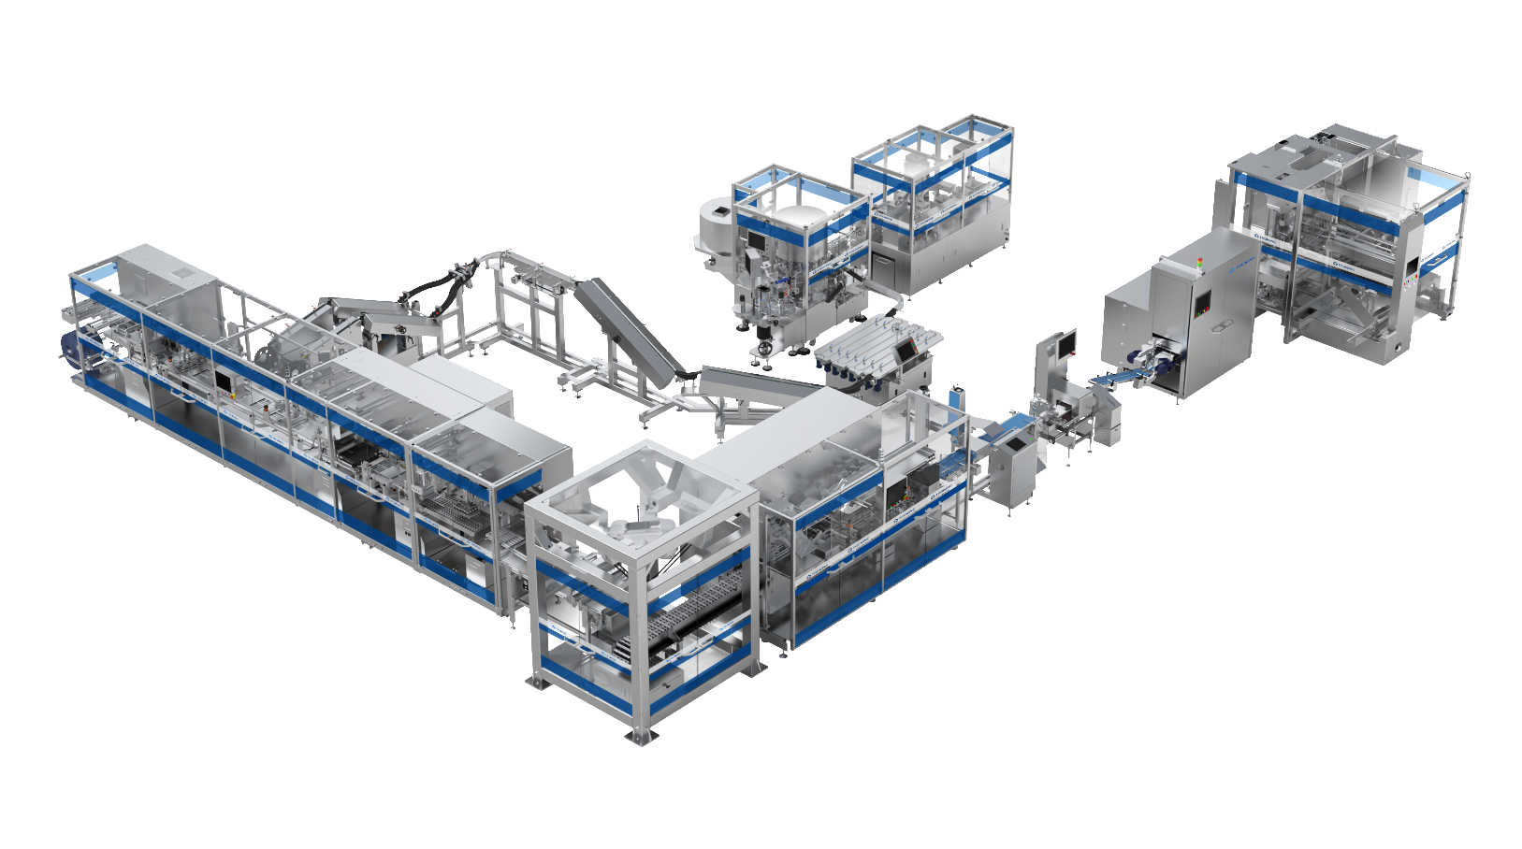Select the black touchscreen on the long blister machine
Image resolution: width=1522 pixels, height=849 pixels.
point(224,380)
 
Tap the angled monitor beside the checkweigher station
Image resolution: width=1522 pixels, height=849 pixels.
point(1064,343)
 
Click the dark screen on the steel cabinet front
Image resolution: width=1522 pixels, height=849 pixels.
point(1202,305)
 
